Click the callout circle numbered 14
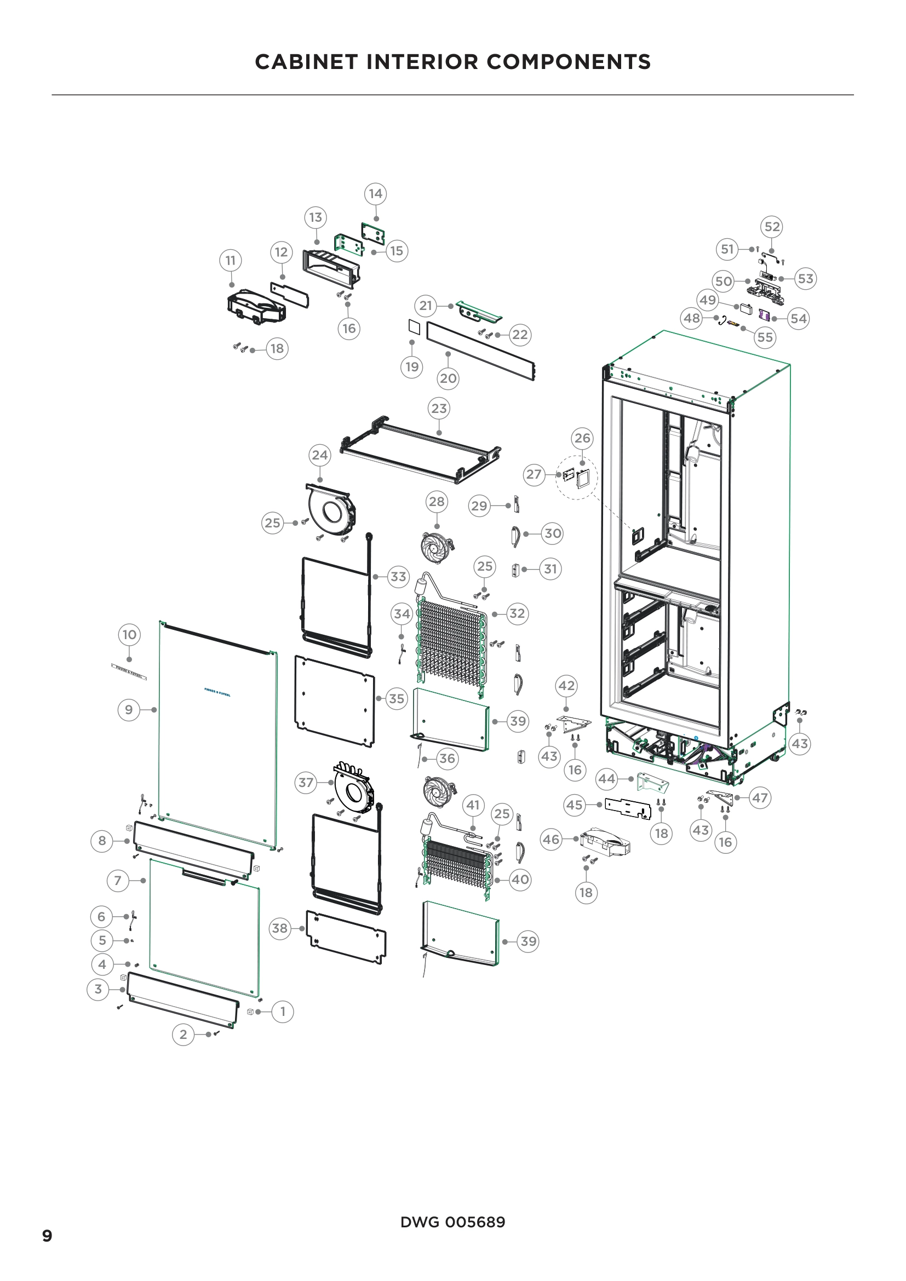(375, 193)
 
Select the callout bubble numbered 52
(772, 227)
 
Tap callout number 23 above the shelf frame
(439, 409)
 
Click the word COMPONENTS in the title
(569, 62)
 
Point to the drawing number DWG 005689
(452, 1222)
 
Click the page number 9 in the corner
(48, 1236)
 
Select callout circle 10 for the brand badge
(129, 634)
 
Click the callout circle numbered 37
(306, 783)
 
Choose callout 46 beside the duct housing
(551, 839)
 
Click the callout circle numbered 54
(798, 319)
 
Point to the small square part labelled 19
(415, 328)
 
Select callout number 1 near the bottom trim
(282, 1012)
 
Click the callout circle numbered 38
(280, 928)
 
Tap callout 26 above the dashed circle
(582, 438)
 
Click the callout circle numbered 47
(760, 798)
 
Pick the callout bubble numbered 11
(231, 261)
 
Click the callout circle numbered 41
(473, 805)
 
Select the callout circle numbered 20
(448, 378)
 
